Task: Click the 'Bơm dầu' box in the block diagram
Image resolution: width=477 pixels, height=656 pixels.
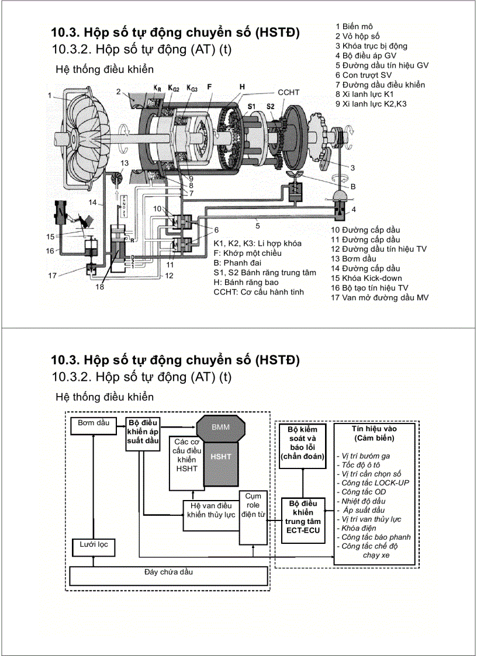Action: point(94,425)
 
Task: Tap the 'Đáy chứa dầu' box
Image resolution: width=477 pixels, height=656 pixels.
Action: point(168,575)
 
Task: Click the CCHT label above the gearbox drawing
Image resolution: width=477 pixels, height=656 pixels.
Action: point(289,92)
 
